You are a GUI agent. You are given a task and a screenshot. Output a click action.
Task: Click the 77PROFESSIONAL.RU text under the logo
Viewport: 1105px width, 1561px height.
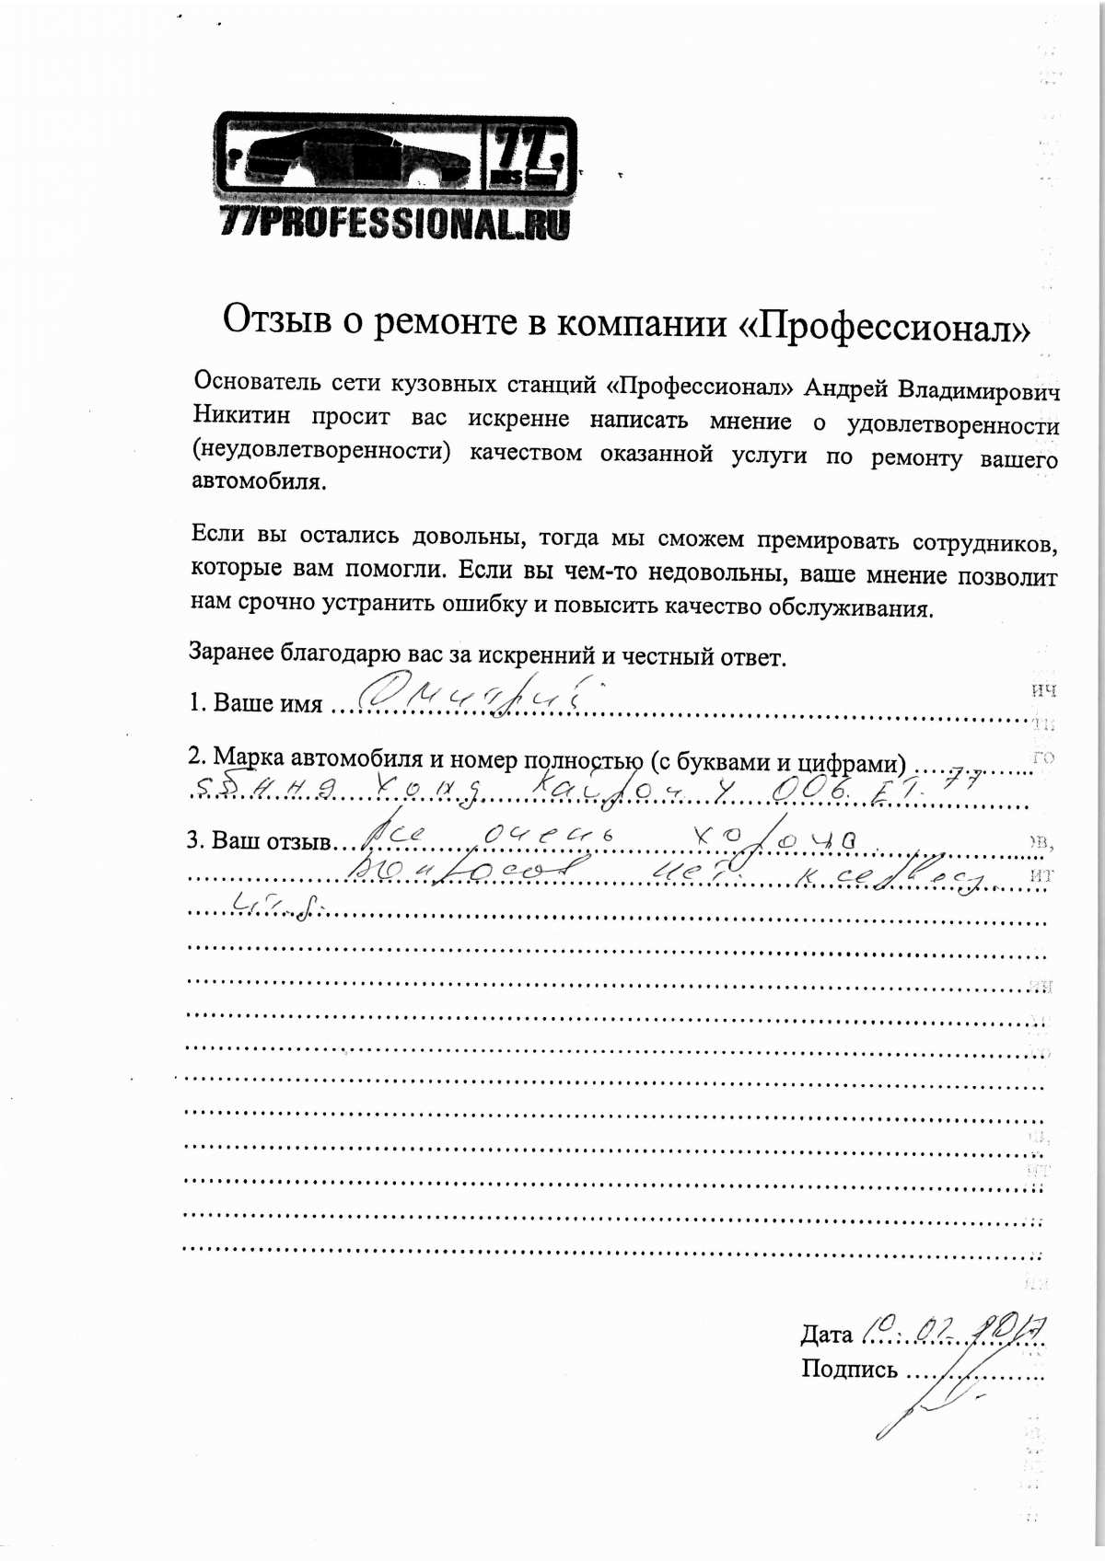point(395,224)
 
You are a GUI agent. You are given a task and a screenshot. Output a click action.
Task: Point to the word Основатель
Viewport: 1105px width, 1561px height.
point(257,382)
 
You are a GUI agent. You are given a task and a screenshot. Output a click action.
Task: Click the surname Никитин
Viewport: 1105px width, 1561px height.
point(241,416)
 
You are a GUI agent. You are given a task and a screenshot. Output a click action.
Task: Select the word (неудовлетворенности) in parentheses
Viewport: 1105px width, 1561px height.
point(321,451)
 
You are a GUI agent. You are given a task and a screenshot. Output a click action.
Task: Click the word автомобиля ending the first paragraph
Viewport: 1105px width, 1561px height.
point(258,480)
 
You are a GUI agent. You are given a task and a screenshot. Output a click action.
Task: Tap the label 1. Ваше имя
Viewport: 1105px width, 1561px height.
point(255,702)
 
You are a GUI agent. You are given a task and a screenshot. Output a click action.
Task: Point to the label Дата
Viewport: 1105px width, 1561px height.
point(826,1334)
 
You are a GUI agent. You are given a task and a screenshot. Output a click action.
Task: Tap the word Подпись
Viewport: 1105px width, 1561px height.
point(848,1370)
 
